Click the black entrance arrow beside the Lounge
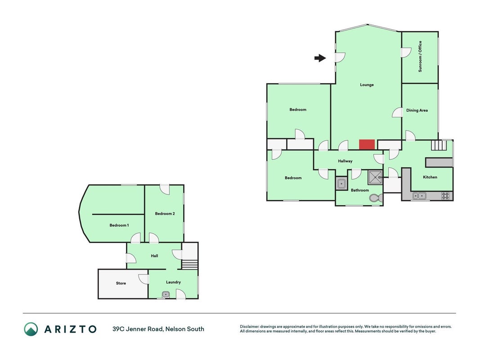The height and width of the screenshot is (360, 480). pos(320,58)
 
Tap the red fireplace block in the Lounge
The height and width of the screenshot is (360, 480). pos(367,144)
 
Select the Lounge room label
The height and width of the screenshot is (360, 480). pos(367,85)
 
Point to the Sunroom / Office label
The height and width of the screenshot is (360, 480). pos(420,57)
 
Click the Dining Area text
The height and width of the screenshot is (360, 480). pos(417,110)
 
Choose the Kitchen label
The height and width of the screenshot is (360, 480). pos(430,177)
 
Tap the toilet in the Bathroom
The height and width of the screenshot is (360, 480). pos(376,198)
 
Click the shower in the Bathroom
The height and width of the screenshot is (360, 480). pos(375,178)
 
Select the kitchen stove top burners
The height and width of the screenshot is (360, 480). pos(445,196)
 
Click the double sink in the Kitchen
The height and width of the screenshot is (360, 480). pos(419,196)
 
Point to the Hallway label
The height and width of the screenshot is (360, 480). pos(345,161)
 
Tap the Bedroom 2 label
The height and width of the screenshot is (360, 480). pos(165,214)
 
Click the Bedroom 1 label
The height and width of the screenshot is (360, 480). pos(119,225)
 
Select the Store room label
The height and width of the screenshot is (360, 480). pos(121,283)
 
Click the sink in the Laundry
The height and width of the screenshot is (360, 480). pos(166,294)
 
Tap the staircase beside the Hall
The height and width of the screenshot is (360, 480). pos(190,265)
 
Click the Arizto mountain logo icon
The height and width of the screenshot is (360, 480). pos(31,329)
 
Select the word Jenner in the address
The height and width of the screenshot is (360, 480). pos(136,329)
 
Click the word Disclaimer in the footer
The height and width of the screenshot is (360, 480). pos(250,327)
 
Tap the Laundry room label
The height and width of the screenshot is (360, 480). pos(173,282)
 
